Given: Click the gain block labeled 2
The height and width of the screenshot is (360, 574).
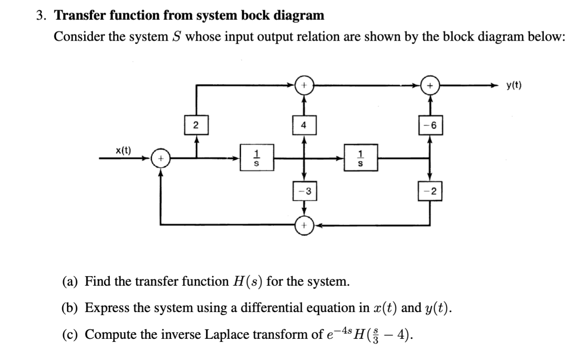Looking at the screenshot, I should tap(196, 126).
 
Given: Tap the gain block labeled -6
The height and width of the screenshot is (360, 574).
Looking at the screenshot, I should tap(429, 126).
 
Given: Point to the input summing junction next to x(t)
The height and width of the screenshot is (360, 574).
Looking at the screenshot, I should tap(161, 159).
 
